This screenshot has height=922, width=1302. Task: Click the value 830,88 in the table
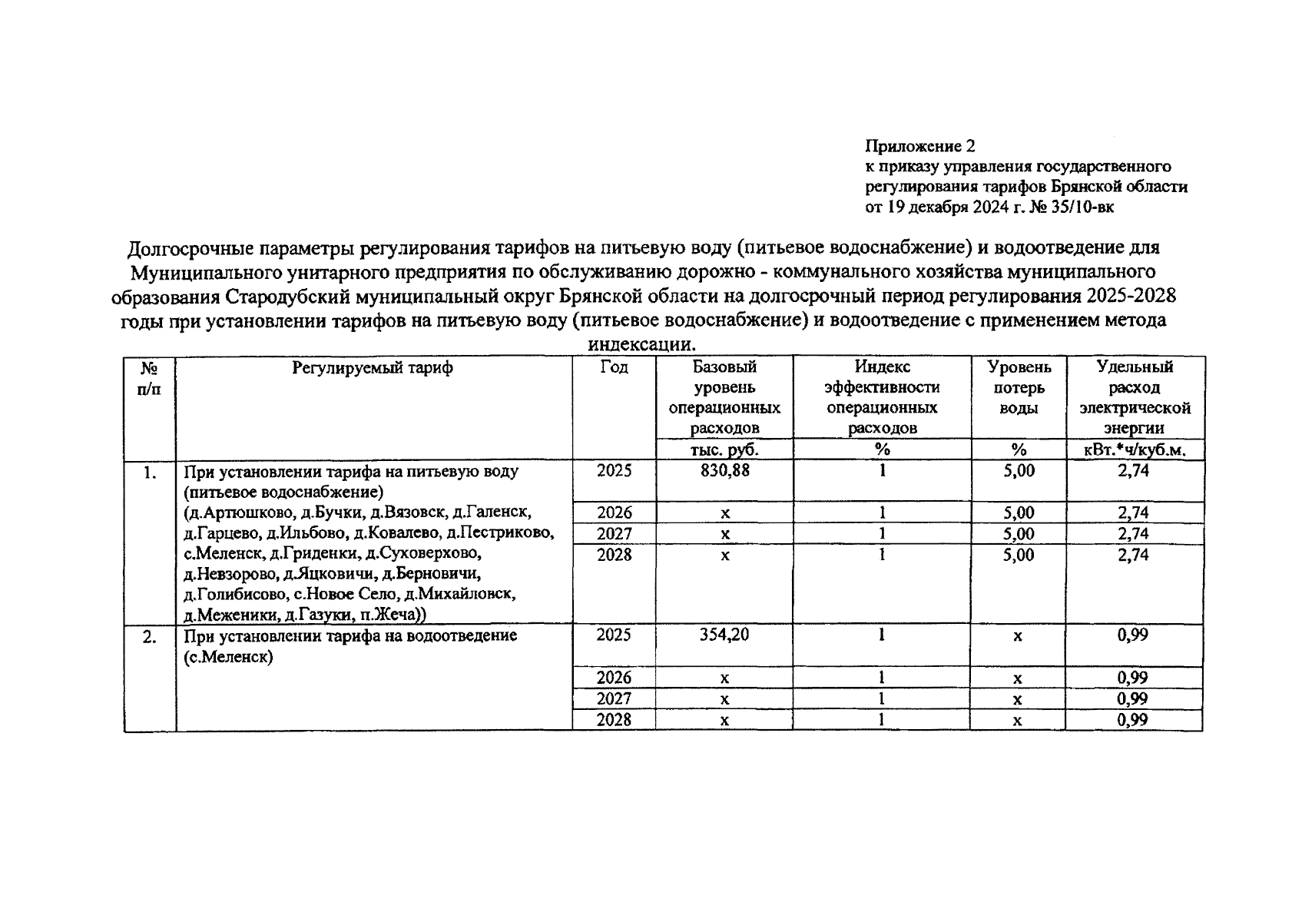724,471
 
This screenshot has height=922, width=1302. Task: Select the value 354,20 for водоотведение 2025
724,635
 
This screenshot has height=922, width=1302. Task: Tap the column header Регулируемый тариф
373,368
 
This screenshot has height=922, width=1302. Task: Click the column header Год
614,368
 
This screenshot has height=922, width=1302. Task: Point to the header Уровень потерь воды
1019,388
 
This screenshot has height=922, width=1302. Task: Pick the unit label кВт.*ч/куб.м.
1135,450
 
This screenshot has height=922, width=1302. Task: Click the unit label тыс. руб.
724,450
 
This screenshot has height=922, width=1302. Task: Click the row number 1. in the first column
150,473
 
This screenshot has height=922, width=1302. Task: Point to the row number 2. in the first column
150,637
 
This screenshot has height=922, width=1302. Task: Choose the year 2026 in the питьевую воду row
614,512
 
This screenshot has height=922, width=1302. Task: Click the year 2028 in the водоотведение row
614,720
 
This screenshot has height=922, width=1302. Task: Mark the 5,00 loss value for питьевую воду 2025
1019,471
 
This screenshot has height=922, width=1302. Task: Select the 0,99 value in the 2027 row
1133,699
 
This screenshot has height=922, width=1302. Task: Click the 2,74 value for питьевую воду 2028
1133,555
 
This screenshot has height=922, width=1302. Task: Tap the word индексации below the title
641,344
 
